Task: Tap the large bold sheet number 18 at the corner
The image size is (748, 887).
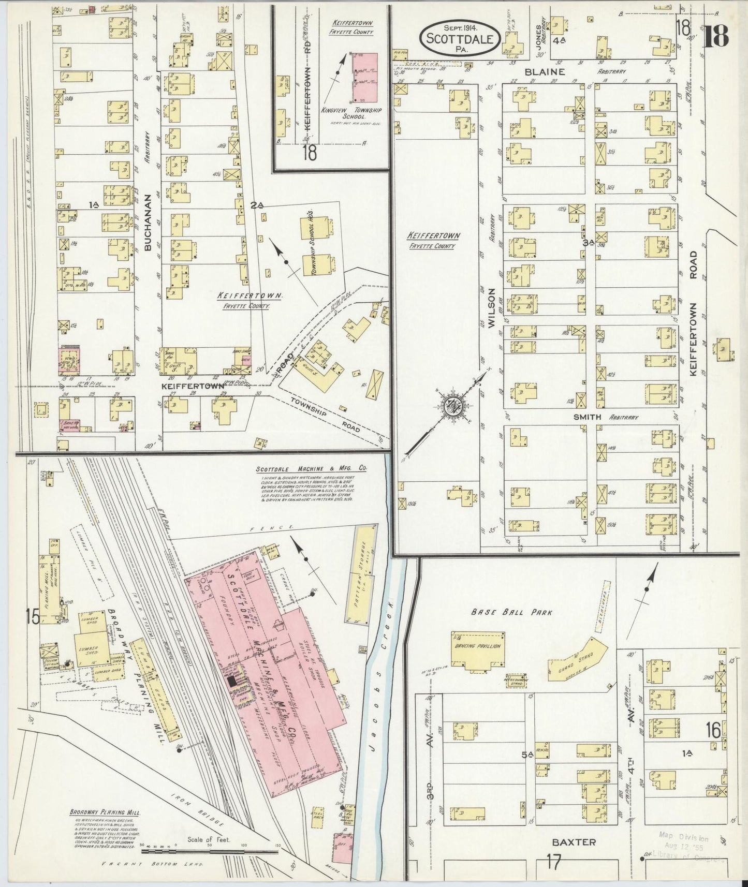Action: (715, 35)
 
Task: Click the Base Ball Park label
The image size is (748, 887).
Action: (511, 612)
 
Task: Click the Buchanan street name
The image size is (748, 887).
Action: (148, 223)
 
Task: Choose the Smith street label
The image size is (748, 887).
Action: (587, 417)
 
